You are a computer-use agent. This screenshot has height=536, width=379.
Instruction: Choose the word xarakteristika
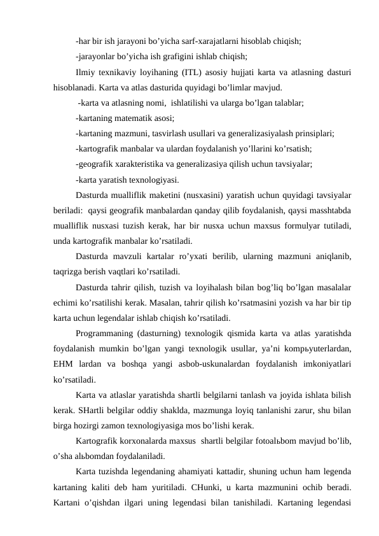145,164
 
